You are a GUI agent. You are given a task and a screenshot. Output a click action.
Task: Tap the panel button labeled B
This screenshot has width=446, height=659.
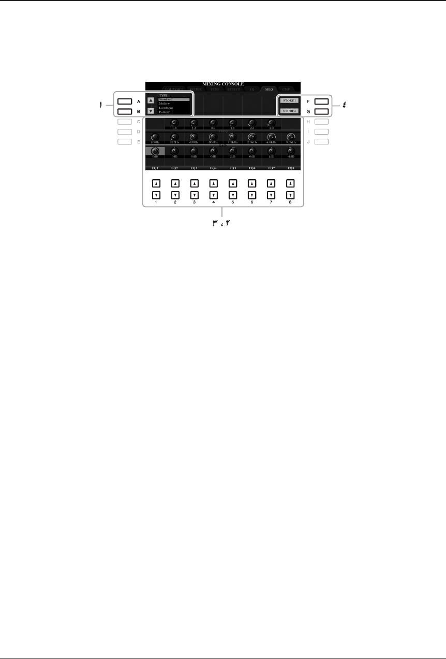pyautogui.click(x=124, y=111)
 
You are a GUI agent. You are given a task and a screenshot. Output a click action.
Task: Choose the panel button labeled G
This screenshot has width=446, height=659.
pyautogui.click(x=321, y=111)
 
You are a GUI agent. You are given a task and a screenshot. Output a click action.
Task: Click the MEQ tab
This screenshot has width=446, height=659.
pyautogui.click(x=269, y=89)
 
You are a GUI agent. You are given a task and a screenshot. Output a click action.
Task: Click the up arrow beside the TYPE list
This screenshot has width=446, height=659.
pyautogui.click(x=151, y=101)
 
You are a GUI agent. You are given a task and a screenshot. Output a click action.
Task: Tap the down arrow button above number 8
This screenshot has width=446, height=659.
pyautogui.click(x=290, y=195)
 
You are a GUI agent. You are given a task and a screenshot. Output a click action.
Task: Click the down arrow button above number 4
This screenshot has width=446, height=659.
pyautogui.click(x=213, y=195)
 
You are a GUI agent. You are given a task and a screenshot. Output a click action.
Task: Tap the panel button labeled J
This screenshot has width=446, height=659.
pyautogui.click(x=321, y=141)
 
